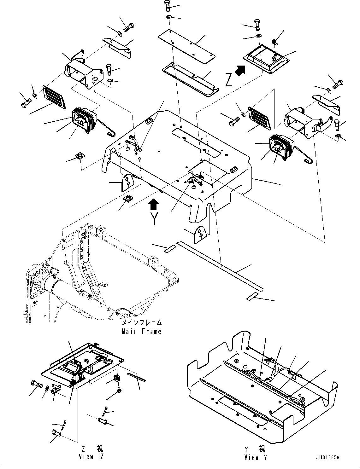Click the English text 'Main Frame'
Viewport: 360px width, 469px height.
click(141, 332)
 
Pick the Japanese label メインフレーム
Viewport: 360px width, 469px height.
click(142, 323)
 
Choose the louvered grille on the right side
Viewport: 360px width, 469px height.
click(260, 118)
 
